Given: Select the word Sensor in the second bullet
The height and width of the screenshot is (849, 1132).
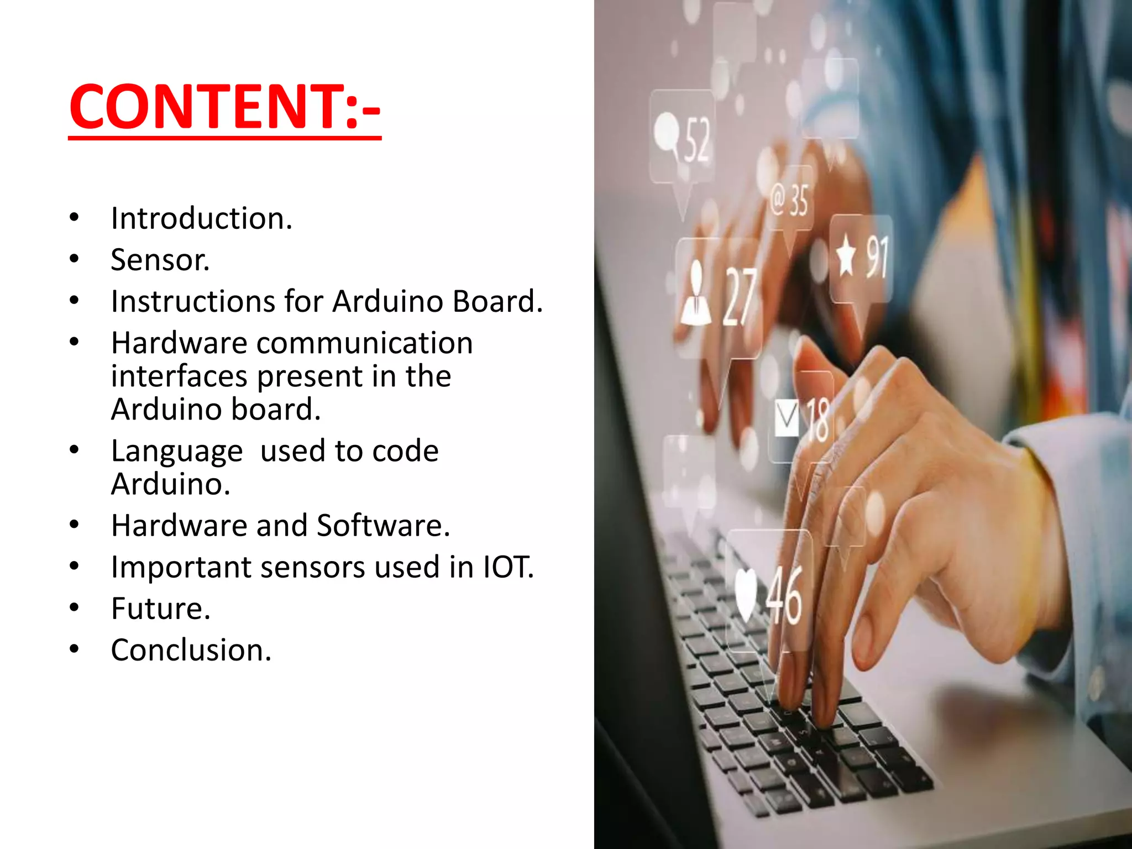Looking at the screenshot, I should tap(160, 260).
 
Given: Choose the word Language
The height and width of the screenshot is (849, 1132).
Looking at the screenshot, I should tap(177, 451).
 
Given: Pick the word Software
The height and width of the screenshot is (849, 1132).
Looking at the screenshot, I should tap(382, 526).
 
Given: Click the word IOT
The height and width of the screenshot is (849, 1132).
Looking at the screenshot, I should tap(507, 567).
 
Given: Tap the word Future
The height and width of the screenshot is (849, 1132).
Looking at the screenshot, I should tap(160, 609).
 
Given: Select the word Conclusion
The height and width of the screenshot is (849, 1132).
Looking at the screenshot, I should tap(190, 650).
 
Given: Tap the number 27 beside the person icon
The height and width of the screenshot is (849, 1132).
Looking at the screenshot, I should tap(740, 297).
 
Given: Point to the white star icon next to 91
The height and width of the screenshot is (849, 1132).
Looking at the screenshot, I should tap(846, 256).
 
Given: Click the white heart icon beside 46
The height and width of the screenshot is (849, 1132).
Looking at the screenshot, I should tap(746, 594).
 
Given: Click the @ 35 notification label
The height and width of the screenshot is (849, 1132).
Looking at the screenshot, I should tap(790, 200).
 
